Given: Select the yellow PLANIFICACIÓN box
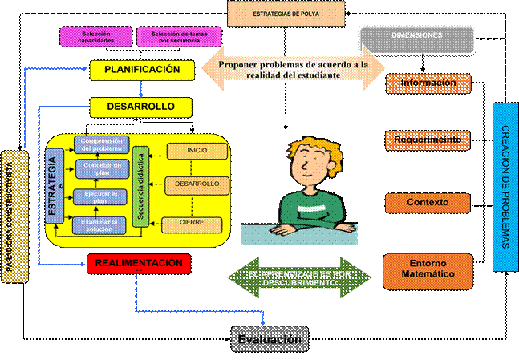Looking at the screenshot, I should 141,71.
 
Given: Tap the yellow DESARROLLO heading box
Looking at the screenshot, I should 141,106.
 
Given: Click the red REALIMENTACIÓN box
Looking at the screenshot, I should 139,263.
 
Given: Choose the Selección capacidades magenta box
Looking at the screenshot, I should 96,36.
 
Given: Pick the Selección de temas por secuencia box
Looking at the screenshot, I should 174,36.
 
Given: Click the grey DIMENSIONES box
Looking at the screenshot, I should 416,37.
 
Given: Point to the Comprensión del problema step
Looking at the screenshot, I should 101,145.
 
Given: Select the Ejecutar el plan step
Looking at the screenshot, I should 101,197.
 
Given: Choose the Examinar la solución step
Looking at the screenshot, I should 101,224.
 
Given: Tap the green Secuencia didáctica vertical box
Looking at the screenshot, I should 142,187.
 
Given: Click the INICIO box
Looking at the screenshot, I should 192,150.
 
